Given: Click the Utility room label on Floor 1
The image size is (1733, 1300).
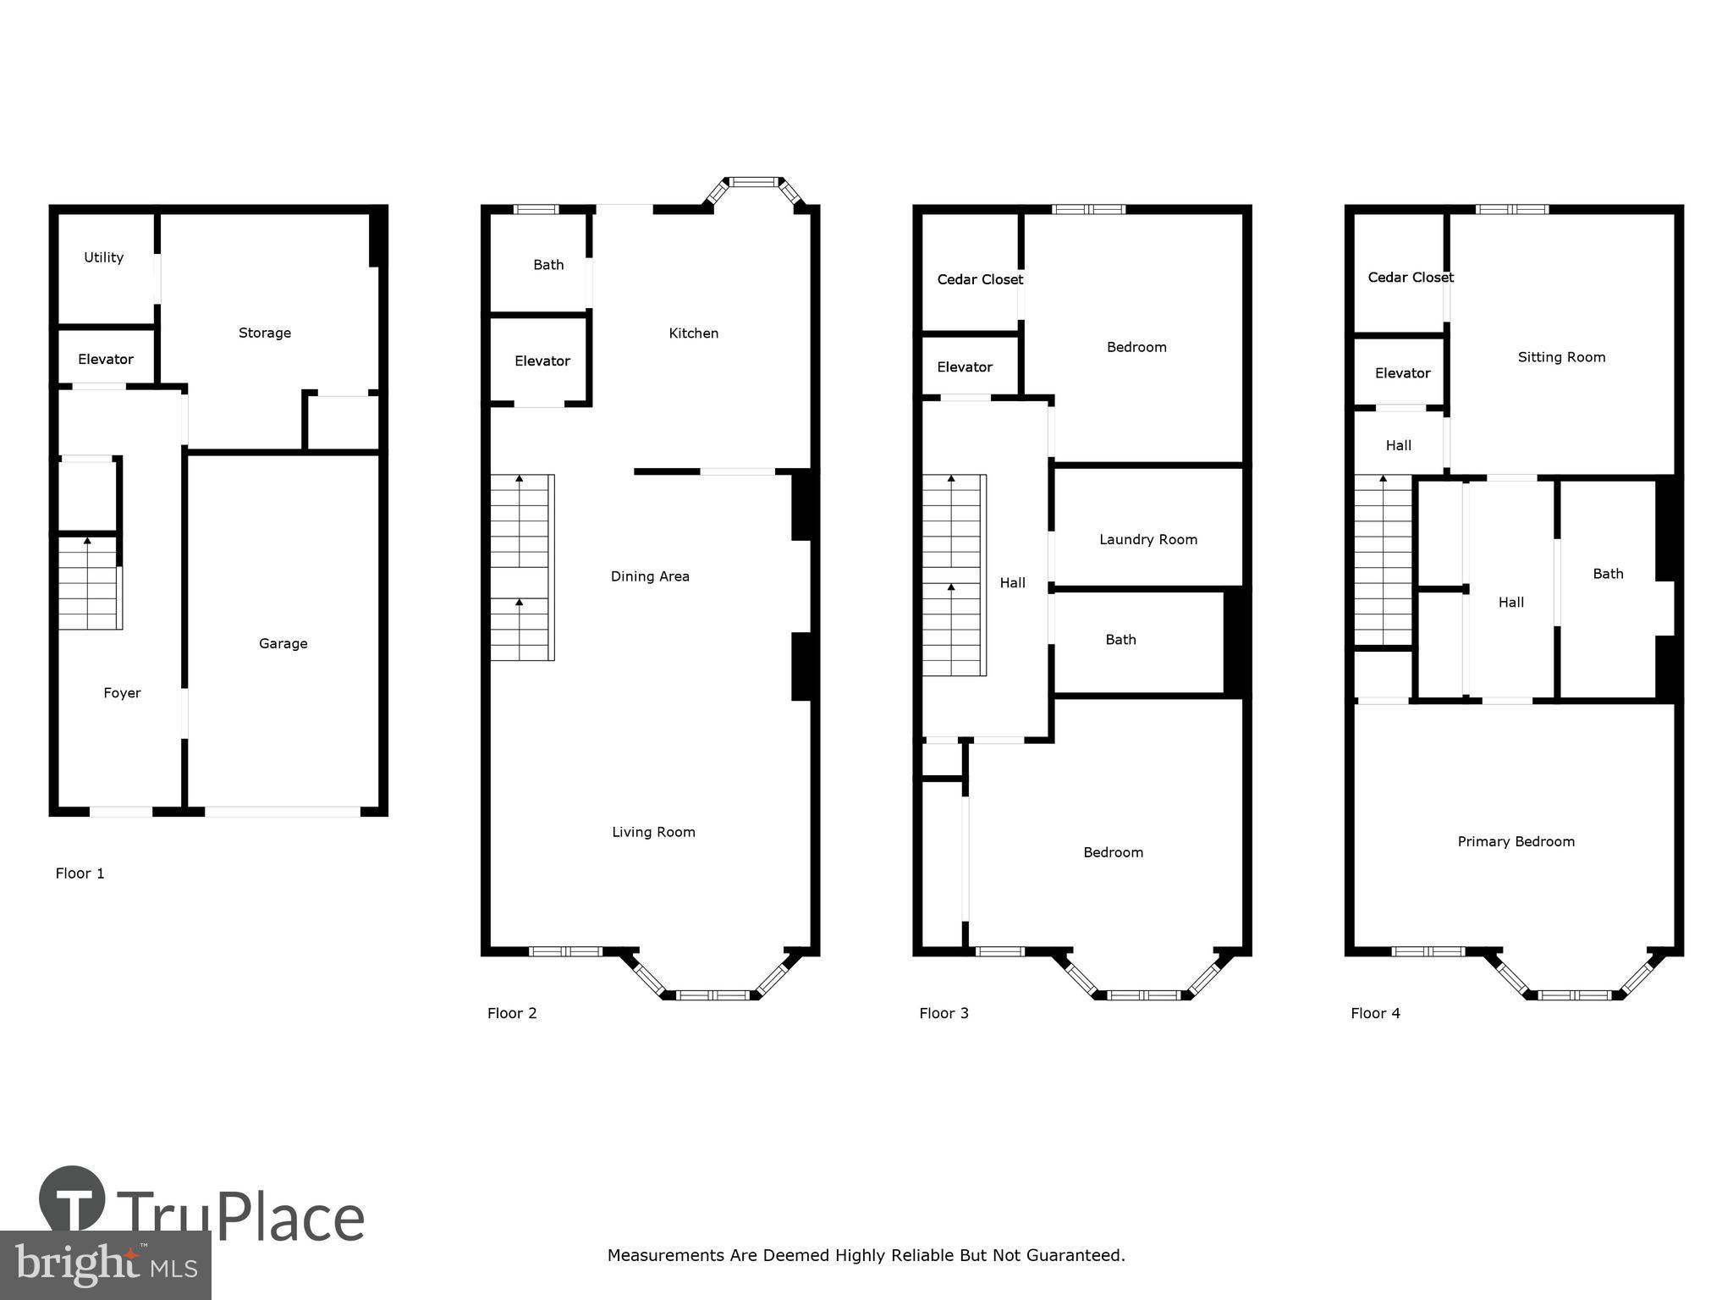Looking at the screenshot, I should click(103, 257).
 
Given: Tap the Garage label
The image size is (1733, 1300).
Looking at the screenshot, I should click(283, 643).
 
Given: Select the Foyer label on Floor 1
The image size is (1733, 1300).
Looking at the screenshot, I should click(122, 693).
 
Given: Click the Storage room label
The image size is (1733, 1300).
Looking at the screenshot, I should click(264, 333).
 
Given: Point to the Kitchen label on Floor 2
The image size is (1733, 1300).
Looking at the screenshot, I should click(693, 333).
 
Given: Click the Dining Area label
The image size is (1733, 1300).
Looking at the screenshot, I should click(650, 576).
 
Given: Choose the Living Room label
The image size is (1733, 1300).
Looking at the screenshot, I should click(653, 832).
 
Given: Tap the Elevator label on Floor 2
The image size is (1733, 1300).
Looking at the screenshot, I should click(542, 361).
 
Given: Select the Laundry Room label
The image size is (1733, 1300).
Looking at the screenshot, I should click(1147, 539).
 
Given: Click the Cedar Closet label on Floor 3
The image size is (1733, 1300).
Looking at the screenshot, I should click(980, 279).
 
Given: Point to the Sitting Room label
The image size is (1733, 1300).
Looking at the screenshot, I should click(1561, 357).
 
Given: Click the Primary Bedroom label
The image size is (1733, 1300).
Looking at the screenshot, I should click(1516, 841).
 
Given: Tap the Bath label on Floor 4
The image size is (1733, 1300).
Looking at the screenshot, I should click(1608, 574).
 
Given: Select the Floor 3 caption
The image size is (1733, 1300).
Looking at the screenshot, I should click(944, 1013).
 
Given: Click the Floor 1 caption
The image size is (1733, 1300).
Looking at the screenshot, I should click(80, 873).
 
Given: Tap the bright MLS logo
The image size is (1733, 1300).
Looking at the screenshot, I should click(105, 1265).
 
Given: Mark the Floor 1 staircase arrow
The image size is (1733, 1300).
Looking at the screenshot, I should click(87, 540).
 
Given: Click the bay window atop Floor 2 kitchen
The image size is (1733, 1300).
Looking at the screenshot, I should click(754, 181).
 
